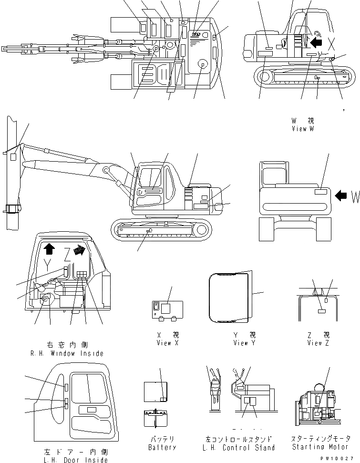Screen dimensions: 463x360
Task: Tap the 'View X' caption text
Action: [x=167, y=343]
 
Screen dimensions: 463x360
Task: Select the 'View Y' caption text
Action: [x=244, y=343]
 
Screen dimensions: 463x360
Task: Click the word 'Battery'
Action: [x=162, y=447]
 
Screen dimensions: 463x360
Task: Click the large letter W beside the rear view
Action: [x=355, y=197]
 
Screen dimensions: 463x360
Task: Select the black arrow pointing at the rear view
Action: [x=341, y=195]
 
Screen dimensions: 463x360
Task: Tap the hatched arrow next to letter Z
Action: [x=82, y=250]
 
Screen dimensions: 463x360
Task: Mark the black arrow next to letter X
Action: [x=316, y=43]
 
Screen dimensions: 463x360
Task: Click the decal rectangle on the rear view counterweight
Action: [x=321, y=192]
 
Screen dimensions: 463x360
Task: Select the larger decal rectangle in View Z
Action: [x=321, y=310]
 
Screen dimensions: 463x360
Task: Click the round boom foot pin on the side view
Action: [x=106, y=170]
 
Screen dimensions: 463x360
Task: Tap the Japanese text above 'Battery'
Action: [x=162, y=439]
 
